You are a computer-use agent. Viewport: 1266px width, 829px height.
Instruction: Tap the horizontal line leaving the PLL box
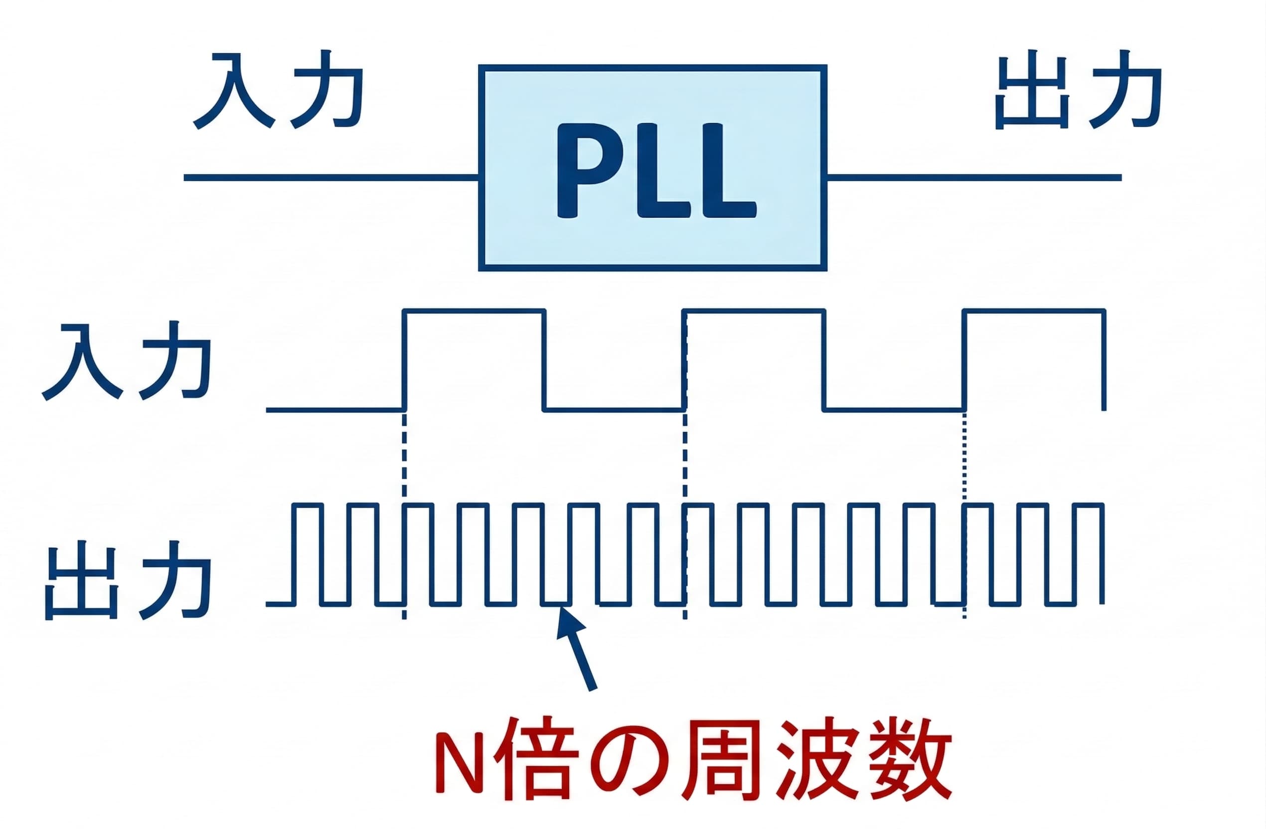coord(973,177)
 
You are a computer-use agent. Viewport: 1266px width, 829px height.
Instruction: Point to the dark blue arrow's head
coord(568,621)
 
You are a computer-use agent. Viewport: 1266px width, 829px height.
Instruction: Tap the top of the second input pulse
coord(754,311)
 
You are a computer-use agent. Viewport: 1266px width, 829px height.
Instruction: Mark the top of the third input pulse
coord(1035,311)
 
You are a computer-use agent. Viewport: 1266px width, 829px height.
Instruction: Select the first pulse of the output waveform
coord(308,505)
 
